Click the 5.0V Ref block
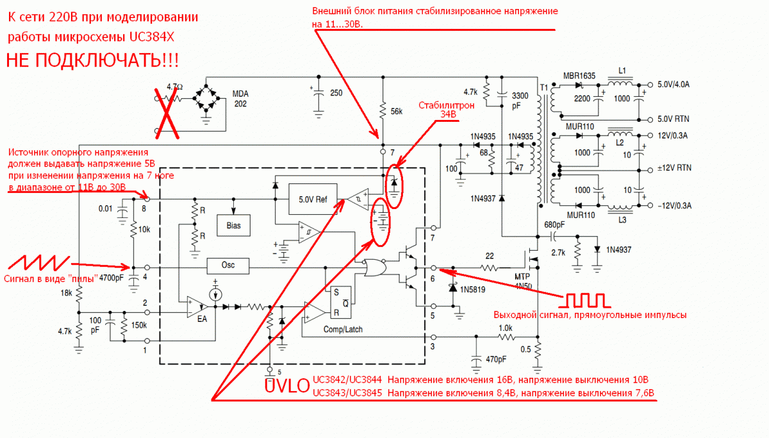point(313,199)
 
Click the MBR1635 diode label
point(579,76)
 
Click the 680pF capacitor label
point(555,224)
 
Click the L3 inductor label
point(621,220)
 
